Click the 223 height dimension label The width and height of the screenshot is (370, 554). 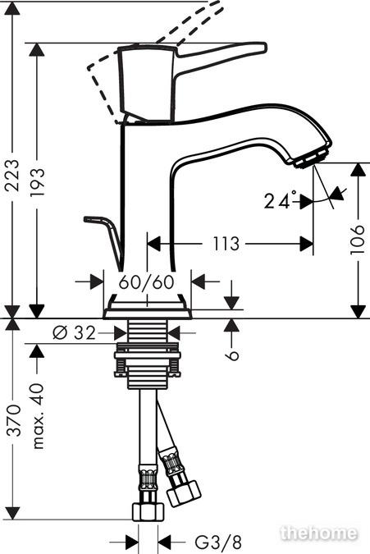tap(12, 176)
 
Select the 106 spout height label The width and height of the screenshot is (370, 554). tap(358, 239)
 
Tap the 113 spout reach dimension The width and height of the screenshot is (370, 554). tap(226, 244)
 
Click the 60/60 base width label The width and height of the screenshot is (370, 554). tap(147, 282)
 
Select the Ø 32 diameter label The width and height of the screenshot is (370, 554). tap(75, 333)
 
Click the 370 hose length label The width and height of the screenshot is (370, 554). tap(14, 420)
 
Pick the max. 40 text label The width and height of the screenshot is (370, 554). tap(38, 415)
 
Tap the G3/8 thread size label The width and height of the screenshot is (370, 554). tap(219, 542)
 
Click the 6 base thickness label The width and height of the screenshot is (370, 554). tap(233, 355)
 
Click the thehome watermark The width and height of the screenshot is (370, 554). tap(318, 533)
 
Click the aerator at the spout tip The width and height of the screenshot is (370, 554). tap(313, 159)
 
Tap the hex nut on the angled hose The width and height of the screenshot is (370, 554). tap(184, 492)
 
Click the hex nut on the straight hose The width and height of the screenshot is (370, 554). tap(148, 511)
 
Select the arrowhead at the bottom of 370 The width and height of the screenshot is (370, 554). tap(12, 513)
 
